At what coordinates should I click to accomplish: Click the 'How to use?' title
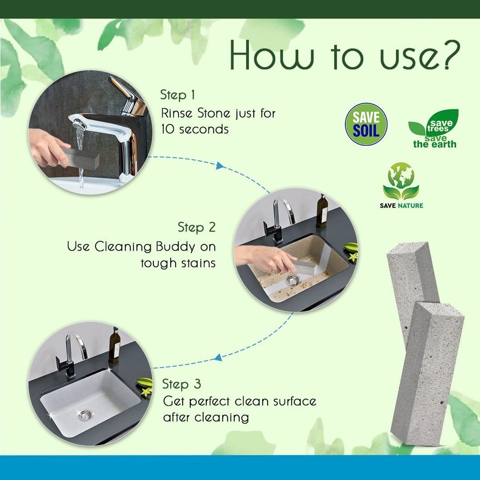click(x=342, y=57)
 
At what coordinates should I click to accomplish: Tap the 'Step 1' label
click(x=178, y=95)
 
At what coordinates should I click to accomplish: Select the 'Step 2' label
click(x=196, y=228)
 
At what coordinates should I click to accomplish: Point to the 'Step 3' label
click(x=181, y=384)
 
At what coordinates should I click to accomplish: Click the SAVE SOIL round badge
click(x=366, y=124)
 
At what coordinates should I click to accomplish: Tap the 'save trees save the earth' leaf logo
click(x=433, y=129)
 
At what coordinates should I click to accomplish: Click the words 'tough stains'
click(x=178, y=263)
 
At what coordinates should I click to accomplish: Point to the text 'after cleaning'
click(x=205, y=417)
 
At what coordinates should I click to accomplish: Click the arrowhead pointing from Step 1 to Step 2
click(x=219, y=166)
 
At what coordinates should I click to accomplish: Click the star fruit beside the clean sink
click(x=144, y=387)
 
